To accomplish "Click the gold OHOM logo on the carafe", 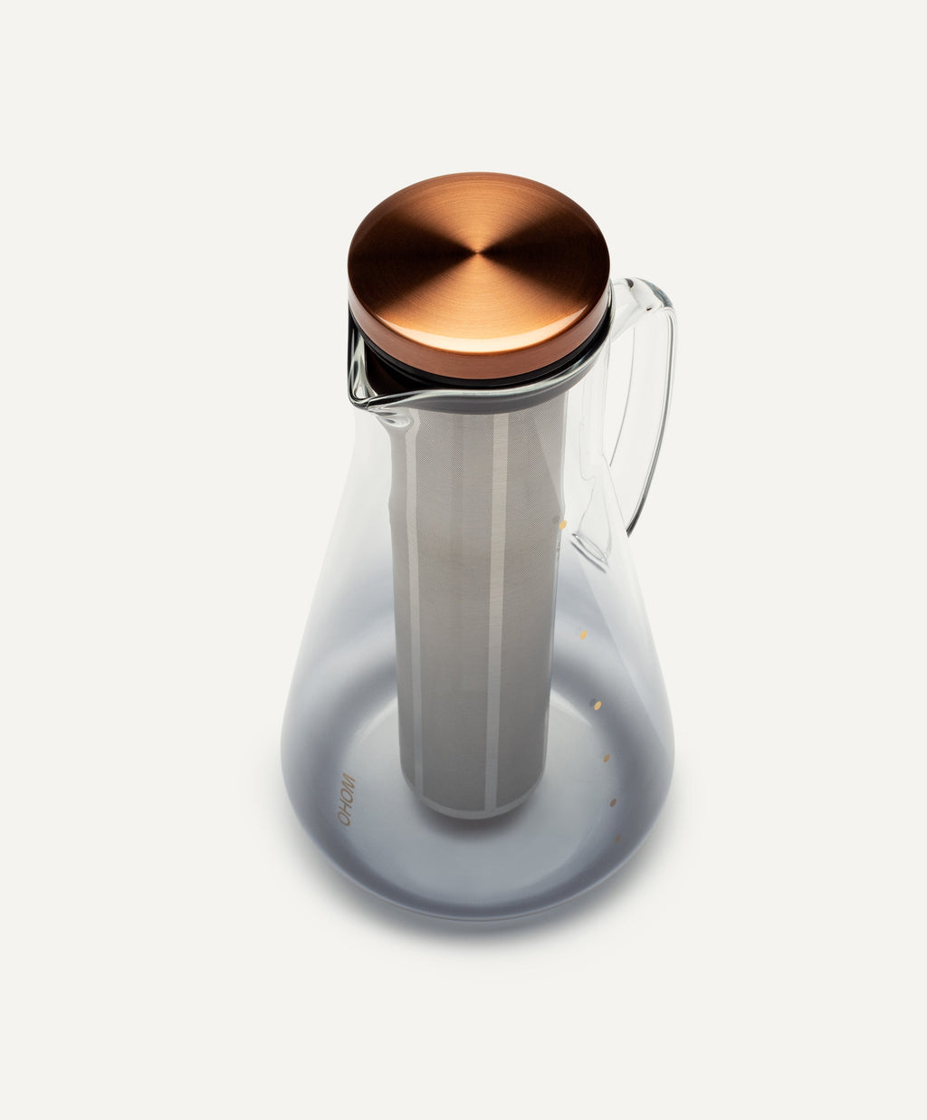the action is point(347,799).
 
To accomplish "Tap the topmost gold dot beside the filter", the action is point(563,524).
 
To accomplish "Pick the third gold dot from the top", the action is point(595,704).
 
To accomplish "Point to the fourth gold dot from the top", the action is point(606,757).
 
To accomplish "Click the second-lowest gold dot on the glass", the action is point(613,802).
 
